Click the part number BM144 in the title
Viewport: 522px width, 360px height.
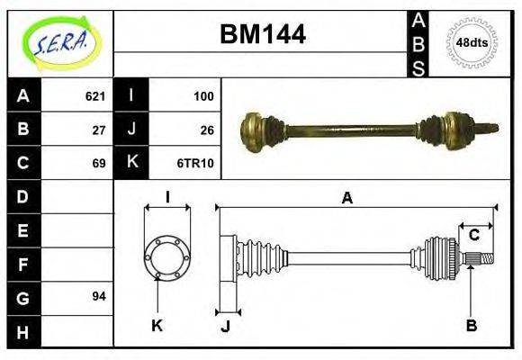[263, 34]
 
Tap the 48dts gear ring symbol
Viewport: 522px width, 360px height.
[472, 42]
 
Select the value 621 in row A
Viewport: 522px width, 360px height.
[95, 96]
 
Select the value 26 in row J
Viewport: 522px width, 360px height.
[207, 130]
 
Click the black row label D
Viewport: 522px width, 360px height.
[22, 196]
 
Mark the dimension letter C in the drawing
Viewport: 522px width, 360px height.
[473, 236]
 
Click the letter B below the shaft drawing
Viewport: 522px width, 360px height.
[471, 325]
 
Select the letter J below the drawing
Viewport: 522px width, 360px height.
[225, 326]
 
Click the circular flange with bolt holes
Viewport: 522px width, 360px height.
[166, 256]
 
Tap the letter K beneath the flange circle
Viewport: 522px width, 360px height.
[157, 325]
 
